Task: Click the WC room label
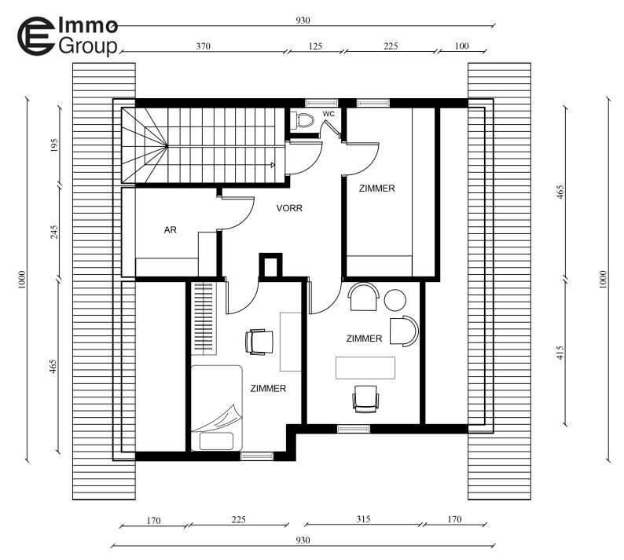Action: [329, 114]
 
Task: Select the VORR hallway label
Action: [289, 208]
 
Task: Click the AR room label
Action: [171, 230]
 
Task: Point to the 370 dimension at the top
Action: [203, 46]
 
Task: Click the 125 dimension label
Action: [315, 46]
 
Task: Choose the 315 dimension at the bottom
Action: [363, 518]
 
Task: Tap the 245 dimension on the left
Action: [54, 232]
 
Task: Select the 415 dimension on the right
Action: [560, 353]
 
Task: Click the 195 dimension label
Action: [54, 145]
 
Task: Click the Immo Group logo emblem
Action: [36, 36]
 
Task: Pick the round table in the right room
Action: [395, 300]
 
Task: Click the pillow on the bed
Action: [216, 441]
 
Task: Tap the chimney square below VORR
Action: [270, 265]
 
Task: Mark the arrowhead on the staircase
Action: [273, 165]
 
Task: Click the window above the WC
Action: [321, 103]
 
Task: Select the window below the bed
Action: [257, 456]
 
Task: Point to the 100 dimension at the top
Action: [461, 46]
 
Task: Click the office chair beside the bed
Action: [259, 342]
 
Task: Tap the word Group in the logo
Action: [88, 46]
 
